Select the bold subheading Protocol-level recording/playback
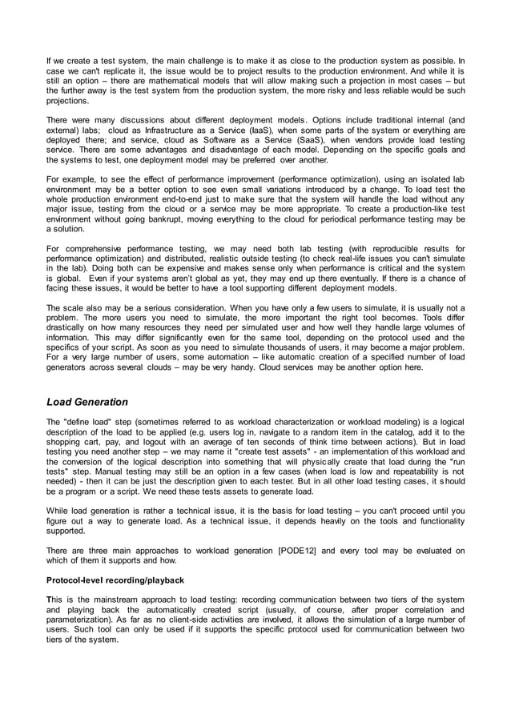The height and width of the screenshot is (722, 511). tap(115, 579)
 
